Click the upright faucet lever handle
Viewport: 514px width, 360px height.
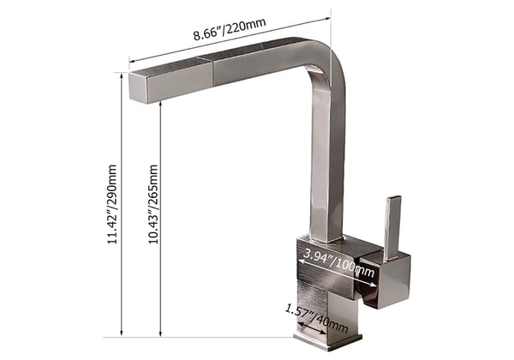[x=392, y=226]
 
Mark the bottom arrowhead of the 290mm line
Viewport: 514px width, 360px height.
[x=122, y=334]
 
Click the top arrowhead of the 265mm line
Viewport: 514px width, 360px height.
[x=161, y=103]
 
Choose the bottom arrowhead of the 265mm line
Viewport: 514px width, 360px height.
[x=161, y=334]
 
